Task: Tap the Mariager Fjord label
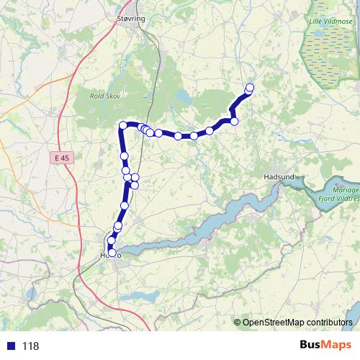pyautogui.click(x=336, y=189)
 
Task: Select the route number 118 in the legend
pyautogui.click(x=31, y=346)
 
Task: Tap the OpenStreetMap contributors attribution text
pyautogui.click(x=297, y=323)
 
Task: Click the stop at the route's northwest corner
pyautogui.click(x=123, y=126)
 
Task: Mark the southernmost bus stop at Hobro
pyautogui.click(x=111, y=251)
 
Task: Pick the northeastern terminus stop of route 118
pyautogui.click(x=250, y=88)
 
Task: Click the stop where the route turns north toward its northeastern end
pyautogui.click(x=234, y=121)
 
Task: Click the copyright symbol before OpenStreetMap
pyautogui.click(x=237, y=323)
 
